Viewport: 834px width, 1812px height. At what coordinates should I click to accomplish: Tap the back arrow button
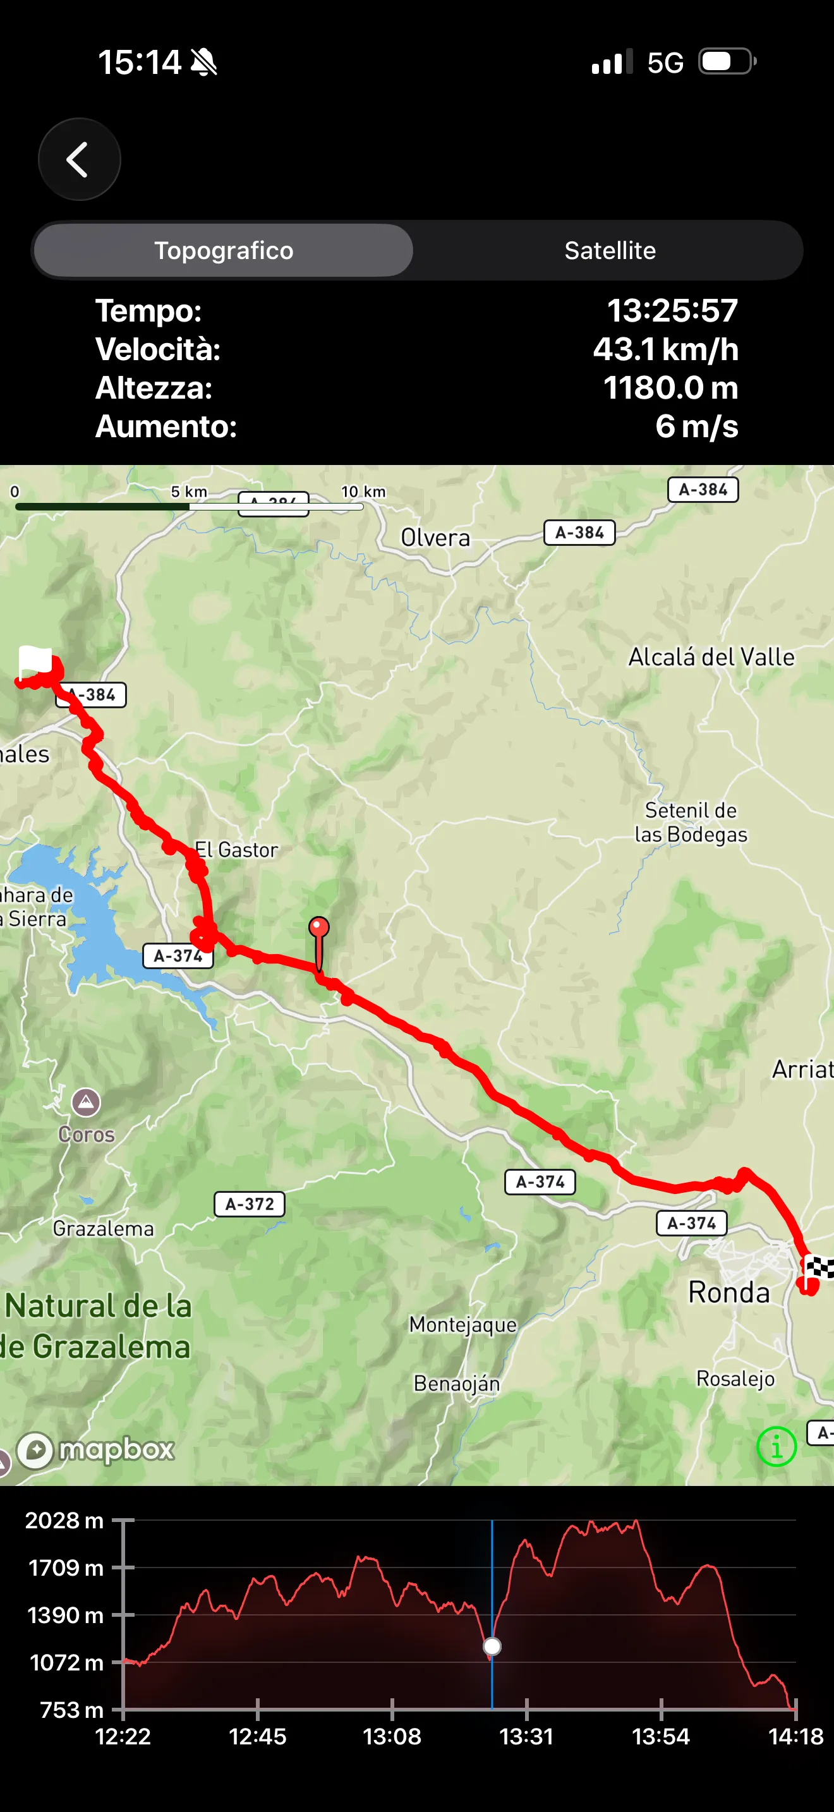coord(79,159)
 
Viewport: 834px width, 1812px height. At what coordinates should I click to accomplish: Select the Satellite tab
coord(610,250)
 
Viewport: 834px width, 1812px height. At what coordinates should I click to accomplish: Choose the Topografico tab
coord(224,250)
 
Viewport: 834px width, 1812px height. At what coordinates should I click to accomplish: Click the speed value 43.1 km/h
coord(665,349)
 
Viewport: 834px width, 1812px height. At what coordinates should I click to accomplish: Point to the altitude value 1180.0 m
coord(670,387)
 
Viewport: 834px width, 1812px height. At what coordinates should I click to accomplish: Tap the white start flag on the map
coord(35,660)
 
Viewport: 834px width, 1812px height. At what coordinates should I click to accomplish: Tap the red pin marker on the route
coord(318,927)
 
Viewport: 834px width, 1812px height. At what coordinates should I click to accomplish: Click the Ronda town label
coord(728,1292)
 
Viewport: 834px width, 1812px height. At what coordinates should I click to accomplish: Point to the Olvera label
coord(435,538)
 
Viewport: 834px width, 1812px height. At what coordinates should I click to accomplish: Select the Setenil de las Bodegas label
coord(691,823)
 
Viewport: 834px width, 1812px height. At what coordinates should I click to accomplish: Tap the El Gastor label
coord(236,850)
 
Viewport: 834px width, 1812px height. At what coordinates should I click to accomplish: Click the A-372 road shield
coord(250,1204)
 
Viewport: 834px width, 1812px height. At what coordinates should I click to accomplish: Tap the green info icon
coord(777,1446)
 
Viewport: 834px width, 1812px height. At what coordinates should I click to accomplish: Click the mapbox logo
coord(96,1449)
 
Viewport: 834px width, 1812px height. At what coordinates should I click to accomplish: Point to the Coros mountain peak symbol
coord(86,1102)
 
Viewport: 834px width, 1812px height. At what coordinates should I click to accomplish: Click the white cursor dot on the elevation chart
coord(492,1646)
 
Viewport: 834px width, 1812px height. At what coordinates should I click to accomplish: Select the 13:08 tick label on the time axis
coord(392,1737)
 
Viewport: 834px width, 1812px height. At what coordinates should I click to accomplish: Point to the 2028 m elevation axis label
coord(64,1520)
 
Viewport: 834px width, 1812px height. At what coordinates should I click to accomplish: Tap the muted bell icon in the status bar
coord(204,63)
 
